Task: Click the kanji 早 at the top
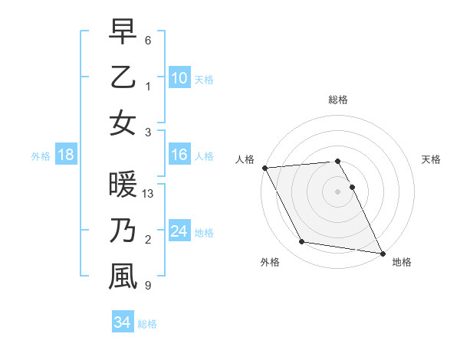point(123,31)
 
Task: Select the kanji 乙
point(123,77)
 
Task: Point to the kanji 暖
point(123,185)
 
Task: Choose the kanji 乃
point(123,231)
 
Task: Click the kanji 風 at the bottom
point(123,277)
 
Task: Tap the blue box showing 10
point(179,77)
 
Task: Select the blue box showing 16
point(179,155)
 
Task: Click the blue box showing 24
point(179,231)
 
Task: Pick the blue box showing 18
point(66,155)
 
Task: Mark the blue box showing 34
point(122,322)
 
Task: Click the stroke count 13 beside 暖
point(148,193)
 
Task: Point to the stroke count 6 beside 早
point(147,39)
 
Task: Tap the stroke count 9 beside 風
point(147,286)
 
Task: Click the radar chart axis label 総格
point(338,100)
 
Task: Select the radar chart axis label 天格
point(432,159)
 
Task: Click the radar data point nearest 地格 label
point(382,252)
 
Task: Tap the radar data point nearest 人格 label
point(264,168)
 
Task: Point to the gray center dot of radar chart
point(338,191)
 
